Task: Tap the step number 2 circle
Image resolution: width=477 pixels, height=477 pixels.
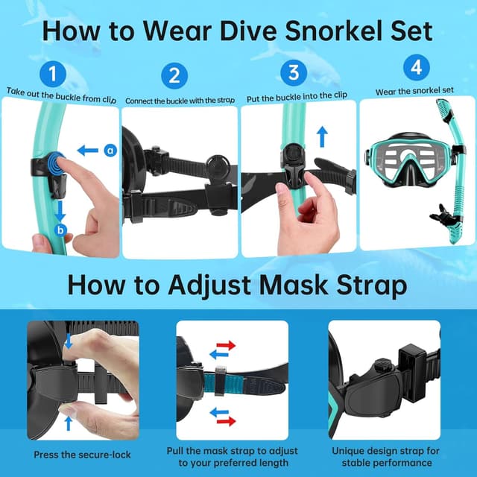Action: pos(174,76)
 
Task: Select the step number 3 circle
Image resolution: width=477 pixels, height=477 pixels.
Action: pos(293,72)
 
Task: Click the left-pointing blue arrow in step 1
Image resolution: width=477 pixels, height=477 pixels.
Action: pos(88,151)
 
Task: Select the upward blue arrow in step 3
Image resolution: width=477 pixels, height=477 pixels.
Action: pos(323,136)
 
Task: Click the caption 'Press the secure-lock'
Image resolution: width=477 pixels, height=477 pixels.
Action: pos(82,455)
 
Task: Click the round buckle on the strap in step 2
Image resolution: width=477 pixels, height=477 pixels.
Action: pos(217,166)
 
